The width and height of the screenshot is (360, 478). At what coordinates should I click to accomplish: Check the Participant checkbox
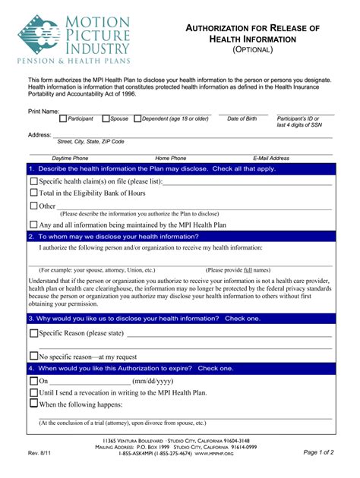pos(63,118)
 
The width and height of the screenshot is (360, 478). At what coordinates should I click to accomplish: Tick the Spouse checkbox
pos(106,118)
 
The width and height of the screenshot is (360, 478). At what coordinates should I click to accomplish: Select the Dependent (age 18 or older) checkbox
pos(137,118)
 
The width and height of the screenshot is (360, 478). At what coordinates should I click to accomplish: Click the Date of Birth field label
pos(242,119)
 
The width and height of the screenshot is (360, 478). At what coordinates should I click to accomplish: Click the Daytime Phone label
pos(70,158)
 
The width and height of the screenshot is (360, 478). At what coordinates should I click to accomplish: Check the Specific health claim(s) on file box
pos(33,182)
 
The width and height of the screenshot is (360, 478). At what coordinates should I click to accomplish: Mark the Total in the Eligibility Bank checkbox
pos(33,193)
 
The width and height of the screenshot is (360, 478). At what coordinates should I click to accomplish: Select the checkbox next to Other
pos(33,206)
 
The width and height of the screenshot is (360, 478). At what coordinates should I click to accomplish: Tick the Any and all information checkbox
pos(33,225)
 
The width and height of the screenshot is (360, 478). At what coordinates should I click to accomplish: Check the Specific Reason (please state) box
pos(33,332)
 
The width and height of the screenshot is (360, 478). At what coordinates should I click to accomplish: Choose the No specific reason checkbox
pos(33,356)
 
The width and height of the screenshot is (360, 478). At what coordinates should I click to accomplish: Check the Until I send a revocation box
pos(33,392)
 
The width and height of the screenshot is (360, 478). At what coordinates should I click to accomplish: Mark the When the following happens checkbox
pos(33,404)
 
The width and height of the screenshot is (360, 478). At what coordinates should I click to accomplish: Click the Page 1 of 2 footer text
pos(318,452)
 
